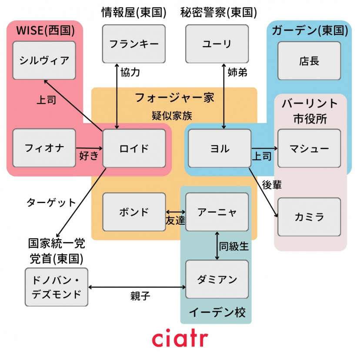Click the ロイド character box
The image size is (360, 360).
[134, 148]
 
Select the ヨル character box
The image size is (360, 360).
[219, 148]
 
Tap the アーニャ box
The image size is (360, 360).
[217, 212]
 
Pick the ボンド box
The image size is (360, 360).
[134, 212]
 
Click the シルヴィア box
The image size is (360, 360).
[44, 60]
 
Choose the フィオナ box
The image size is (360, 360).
[44, 148]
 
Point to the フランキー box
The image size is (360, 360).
[134, 44]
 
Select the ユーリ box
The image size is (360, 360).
[217, 44]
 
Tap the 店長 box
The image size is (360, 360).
[309, 61]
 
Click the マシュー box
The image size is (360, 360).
[309, 148]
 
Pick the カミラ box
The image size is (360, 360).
[309, 217]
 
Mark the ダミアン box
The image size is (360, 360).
[217, 279]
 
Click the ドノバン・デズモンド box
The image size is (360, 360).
[57, 287]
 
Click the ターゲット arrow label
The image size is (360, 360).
[51, 202]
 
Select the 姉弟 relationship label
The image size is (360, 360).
[237, 73]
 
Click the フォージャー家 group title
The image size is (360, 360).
[174, 97]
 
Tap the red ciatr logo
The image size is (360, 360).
[180, 339]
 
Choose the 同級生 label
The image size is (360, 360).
[234, 247]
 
